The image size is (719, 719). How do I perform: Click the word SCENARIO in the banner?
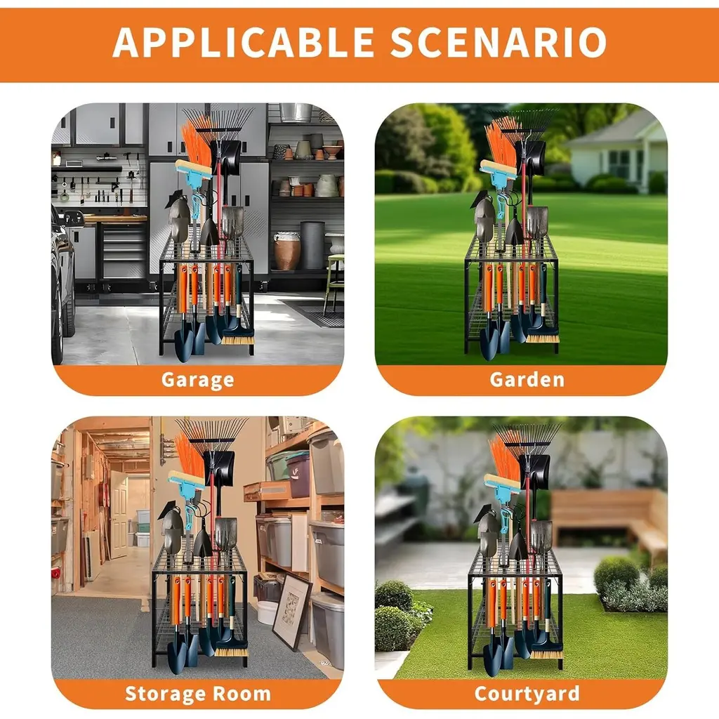coord(499,43)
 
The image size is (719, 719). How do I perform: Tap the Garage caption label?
coord(197,380)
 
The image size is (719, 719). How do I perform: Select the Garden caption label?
coord(527,379)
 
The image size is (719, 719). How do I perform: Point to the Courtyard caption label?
coord(527,694)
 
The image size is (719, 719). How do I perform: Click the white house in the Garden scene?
coord(616,152)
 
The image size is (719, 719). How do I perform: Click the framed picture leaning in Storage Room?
coord(291,612)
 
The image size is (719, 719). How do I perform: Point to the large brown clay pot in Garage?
coord(286,251)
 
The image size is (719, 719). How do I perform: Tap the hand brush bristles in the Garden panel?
coord(543,338)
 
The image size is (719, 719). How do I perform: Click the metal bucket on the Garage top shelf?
coord(296,112)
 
